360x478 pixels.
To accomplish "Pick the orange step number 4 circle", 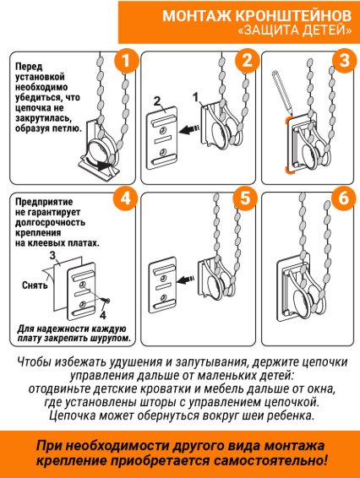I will click(126, 199).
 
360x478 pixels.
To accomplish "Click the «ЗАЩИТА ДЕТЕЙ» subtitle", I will click(294, 31).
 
